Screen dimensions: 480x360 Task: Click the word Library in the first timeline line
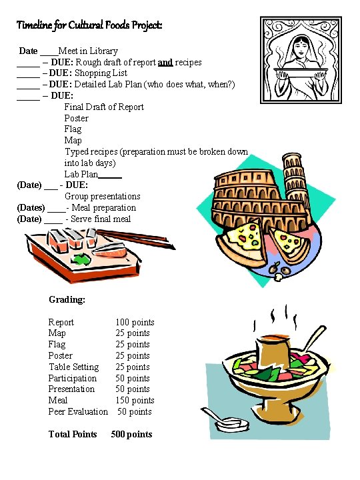pyautogui.click(x=102, y=51)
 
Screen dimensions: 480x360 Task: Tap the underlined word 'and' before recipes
pyautogui.click(x=165, y=62)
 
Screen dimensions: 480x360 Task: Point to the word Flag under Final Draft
pyautogui.click(x=73, y=129)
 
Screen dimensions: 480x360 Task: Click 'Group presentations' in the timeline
pyautogui.click(x=102, y=197)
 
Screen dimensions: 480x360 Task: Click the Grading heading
pyautogui.click(x=67, y=300)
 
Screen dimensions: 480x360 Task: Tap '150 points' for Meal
pyautogui.click(x=135, y=401)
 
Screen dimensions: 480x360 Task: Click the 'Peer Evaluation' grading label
pyautogui.click(x=78, y=412)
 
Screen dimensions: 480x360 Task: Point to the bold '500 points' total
pyautogui.click(x=131, y=435)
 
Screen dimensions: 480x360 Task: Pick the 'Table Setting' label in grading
pyautogui.click(x=73, y=367)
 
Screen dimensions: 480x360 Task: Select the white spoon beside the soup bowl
pyautogui.click(x=226, y=421)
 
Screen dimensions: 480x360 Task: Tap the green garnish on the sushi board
pyautogui.click(x=82, y=259)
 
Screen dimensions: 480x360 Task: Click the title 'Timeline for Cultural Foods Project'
pyautogui.click(x=89, y=26)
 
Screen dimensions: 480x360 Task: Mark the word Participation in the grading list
pyautogui.click(x=72, y=379)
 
